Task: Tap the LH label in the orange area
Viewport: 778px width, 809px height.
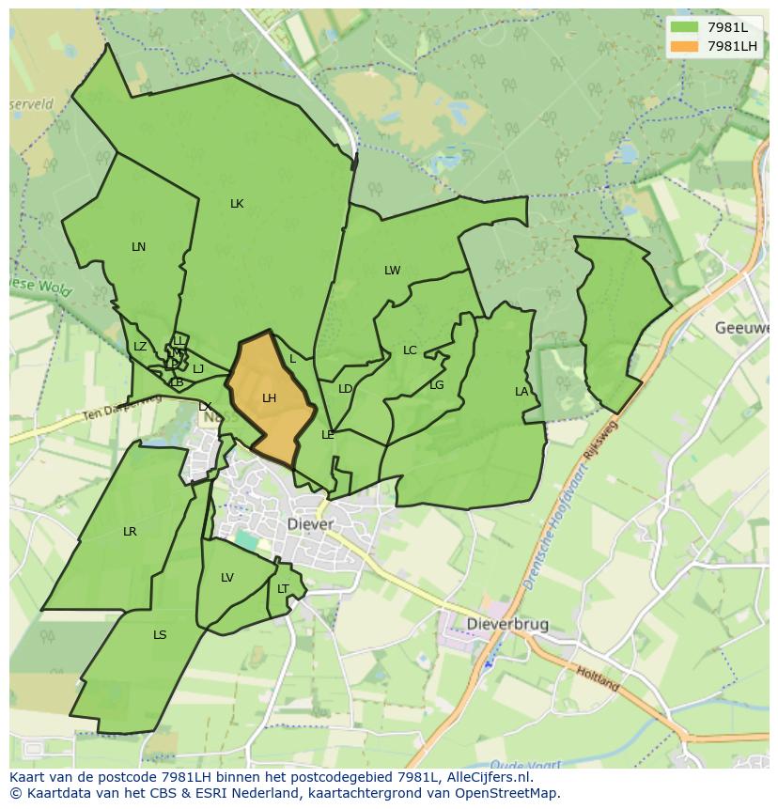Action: (x=270, y=398)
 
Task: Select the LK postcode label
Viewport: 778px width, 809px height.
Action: (x=237, y=204)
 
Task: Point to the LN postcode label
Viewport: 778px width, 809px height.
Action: (x=139, y=247)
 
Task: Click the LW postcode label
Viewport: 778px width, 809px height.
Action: (x=392, y=271)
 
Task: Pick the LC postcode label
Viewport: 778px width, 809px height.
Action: (x=410, y=350)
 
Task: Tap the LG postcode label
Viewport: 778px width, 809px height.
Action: (x=437, y=385)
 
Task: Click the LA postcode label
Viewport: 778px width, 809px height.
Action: (x=521, y=392)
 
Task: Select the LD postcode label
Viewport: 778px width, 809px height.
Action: (x=345, y=389)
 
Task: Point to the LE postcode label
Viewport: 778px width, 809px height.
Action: (x=328, y=435)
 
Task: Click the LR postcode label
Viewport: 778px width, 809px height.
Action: (x=130, y=532)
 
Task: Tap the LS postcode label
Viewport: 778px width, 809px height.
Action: (x=160, y=635)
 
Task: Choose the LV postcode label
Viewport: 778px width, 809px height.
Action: (x=227, y=578)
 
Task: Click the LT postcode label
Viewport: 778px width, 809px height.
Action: (x=283, y=589)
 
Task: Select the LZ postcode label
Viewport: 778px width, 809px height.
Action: (x=140, y=347)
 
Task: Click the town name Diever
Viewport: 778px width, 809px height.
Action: (x=310, y=524)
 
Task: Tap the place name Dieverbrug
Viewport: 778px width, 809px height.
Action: (x=508, y=624)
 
